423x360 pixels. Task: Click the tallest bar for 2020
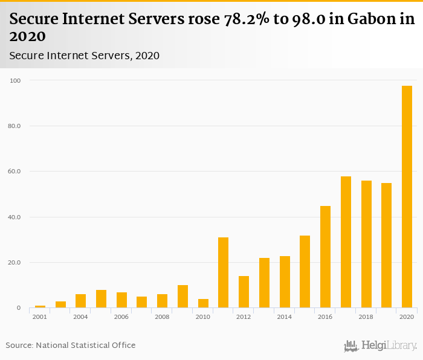tap(407, 197)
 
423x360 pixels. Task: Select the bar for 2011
tap(223, 272)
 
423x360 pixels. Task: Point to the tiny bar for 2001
tap(40, 306)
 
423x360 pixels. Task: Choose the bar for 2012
tap(244, 292)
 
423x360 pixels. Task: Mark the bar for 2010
tap(203, 303)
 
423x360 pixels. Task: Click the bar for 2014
tap(285, 282)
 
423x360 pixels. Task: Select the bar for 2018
tap(366, 244)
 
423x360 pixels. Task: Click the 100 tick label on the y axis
tap(15, 80)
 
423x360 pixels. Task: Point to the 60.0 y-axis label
tap(15, 172)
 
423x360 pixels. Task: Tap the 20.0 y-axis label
tap(15, 263)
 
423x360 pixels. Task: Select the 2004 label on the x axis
tap(80, 317)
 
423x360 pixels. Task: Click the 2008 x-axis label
tap(162, 317)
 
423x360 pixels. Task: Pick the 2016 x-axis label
tap(325, 317)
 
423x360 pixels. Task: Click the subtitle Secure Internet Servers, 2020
tap(84, 56)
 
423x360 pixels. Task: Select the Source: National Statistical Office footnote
tap(71, 345)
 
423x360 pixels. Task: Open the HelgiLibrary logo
tap(380, 346)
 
